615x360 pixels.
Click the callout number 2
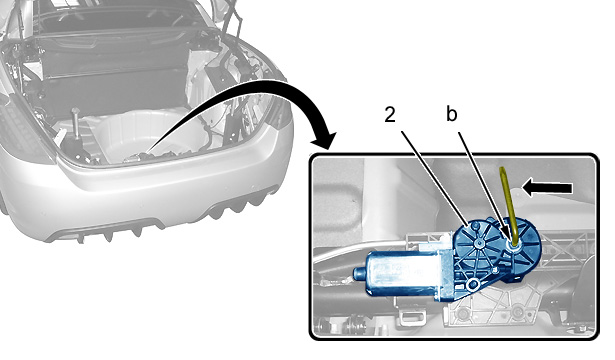(x=389, y=115)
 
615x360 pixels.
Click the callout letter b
(x=451, y=114)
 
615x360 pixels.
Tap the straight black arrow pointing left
(x=547, y=188)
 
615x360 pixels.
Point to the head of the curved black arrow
(x=325, y=139)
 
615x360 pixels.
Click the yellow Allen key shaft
(x=506, y=204)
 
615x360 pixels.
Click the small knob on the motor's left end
(x=359, y=273)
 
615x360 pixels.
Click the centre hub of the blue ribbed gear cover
(x=479, y=243)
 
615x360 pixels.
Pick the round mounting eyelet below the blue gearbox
(x=473, y=285)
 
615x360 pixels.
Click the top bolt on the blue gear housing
(x=475, y=225)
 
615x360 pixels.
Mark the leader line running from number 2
(x=435, y=179)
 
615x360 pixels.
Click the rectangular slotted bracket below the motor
(x=413, y=315)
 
